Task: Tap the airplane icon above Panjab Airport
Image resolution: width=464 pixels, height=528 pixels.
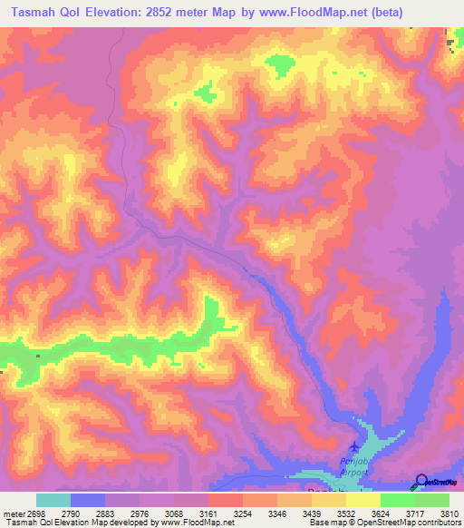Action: point(354,446)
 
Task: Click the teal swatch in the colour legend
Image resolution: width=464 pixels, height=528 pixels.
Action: point(53,500)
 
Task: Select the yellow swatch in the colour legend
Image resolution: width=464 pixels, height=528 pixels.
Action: point(362,500)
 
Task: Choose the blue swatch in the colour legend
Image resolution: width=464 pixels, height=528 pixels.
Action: point(88,500)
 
